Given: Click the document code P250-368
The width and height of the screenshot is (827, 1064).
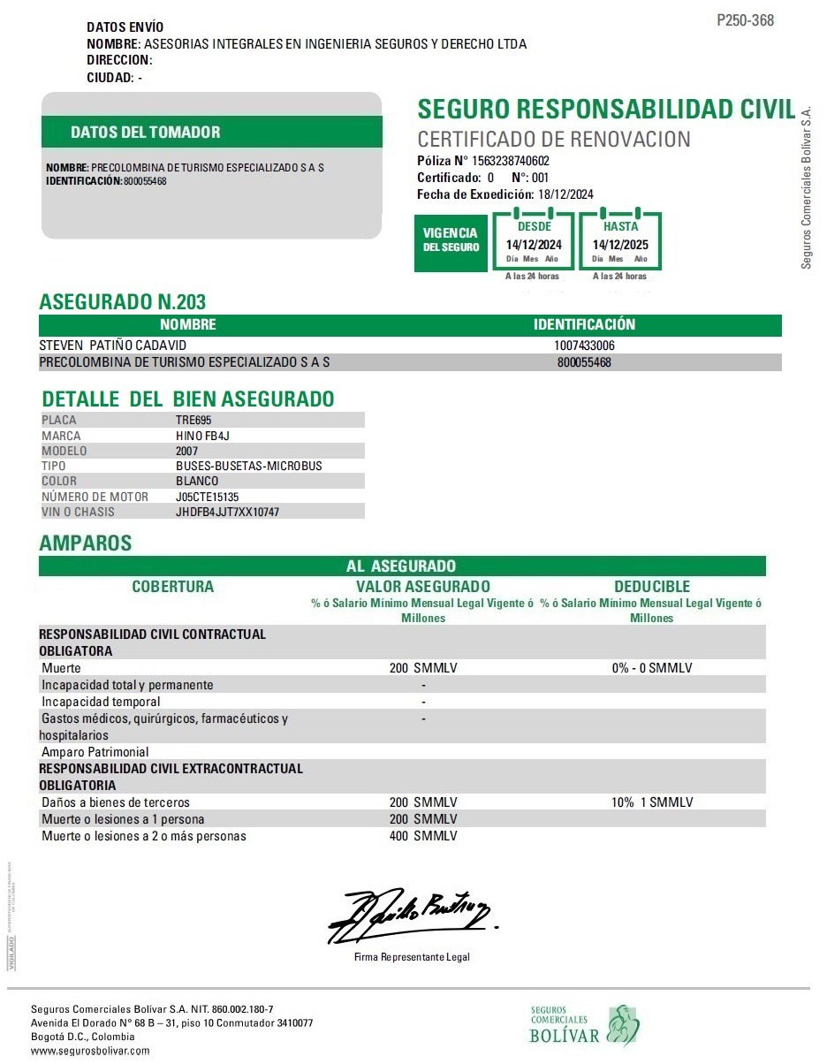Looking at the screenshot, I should coord(745,20).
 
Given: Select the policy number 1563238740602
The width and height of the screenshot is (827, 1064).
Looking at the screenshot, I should coord(511,161).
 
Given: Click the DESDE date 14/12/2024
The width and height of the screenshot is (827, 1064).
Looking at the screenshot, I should coord(533,245).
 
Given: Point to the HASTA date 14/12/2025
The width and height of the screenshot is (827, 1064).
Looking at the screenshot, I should coord(620,245).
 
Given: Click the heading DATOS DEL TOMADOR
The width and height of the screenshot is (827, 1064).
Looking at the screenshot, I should coord(146,133).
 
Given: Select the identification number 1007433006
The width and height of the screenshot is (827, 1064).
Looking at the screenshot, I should coord(584,346).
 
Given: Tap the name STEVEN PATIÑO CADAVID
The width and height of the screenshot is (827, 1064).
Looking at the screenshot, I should coord(113,346).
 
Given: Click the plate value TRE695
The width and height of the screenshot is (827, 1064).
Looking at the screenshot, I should coord(193,421).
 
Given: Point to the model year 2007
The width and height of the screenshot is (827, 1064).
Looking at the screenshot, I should coord(187,451).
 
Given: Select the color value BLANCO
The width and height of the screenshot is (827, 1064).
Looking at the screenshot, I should coord(197,481).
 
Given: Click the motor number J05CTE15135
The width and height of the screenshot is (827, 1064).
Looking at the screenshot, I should coord(208,497).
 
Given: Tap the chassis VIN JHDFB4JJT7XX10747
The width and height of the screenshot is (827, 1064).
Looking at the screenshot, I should coord(227,512).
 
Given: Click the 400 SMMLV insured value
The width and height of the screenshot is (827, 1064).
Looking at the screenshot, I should coord(423,836).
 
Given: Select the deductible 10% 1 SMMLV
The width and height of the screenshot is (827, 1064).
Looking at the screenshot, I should coord(652,802).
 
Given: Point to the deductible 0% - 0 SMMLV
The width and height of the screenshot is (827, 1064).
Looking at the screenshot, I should coord(652,668).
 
